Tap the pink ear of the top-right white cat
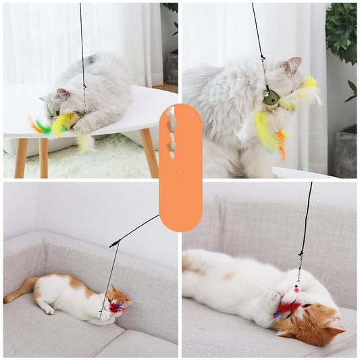point(293,65)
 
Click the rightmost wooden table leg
point(149,152)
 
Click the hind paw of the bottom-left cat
point(47,310)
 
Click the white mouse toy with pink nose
point(294,288)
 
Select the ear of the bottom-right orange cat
point(332,326)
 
